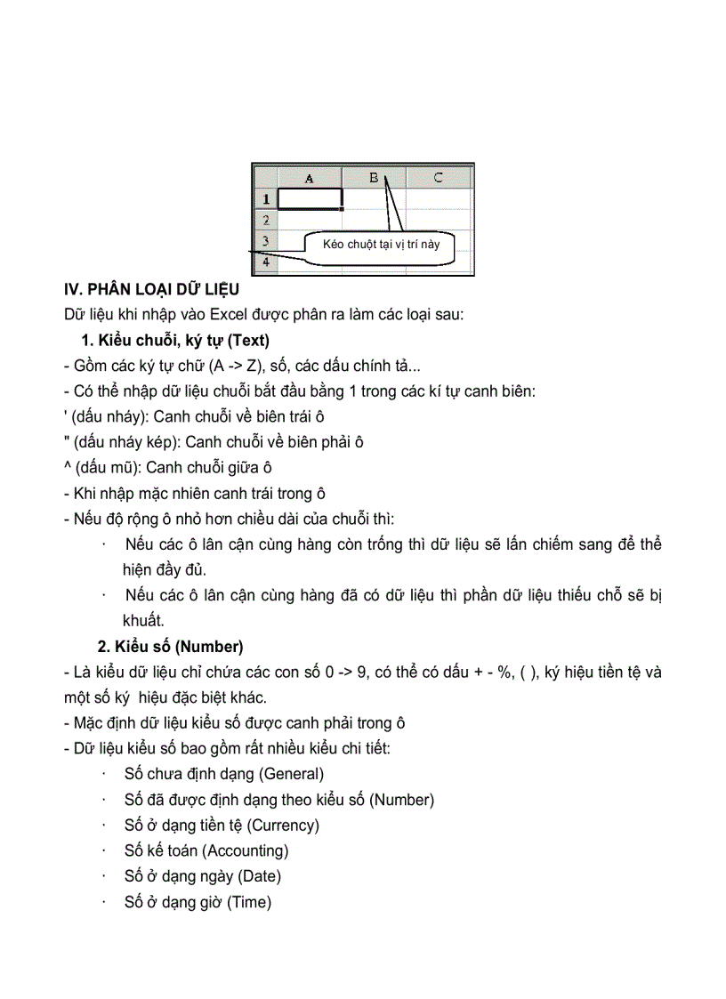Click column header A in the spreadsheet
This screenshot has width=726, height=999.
click(x=310, y=178)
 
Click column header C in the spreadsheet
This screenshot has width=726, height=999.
click(x=438, y=178)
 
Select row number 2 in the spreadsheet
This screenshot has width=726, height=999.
click(x=265, y=219)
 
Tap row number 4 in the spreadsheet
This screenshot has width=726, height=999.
click(x=265, y=262)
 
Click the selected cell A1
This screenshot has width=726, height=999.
click(x=310, y=198)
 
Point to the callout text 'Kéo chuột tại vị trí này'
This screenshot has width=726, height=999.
click(x=382, y=245)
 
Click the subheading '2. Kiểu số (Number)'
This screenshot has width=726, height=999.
click(x=170, y=647)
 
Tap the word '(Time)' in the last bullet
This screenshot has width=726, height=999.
click(x=249, y=902)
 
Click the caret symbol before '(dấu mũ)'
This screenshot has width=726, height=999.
click(x=68, y=467)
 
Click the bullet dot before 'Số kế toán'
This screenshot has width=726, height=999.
click(x=106, y=850)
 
